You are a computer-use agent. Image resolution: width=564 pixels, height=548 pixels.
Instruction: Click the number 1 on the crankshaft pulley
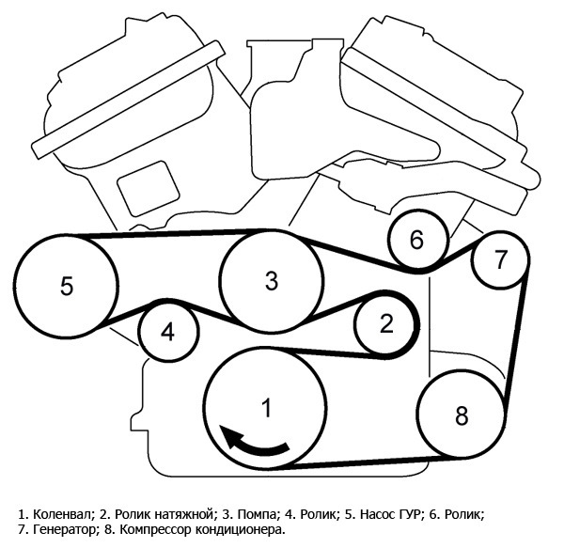click(267, 407)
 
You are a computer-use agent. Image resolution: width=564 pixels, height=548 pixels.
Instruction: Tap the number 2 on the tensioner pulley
click(386, 323)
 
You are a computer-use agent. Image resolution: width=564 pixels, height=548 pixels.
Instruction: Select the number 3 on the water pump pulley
click(272, 280)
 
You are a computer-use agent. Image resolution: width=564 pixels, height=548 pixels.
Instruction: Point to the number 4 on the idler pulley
click(167, 332)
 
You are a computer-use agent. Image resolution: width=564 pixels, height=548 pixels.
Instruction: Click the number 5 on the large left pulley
click(67, 287)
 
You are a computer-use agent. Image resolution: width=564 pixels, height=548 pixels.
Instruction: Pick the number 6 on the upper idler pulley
click(416, 240)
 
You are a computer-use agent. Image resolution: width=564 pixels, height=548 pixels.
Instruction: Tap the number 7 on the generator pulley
click(501, 259)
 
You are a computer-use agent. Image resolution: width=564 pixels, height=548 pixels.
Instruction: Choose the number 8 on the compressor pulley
click(462, 415)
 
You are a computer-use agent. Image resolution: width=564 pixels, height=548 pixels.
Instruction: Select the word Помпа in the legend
click(257, 514)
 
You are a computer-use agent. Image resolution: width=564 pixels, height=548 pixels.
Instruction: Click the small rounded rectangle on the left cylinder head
click(149, 188)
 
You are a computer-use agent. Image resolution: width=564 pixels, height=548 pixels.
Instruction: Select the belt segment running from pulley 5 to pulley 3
click(169, 233)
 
